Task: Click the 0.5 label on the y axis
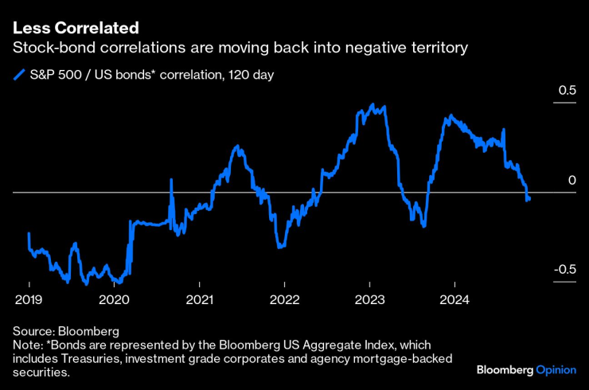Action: click(566, 92)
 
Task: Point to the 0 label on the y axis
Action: click(571, 181)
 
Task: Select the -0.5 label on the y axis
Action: click(564, 270)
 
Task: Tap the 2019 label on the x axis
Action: click(29, 301)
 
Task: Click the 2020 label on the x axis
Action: click(114, 301)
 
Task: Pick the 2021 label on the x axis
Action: click(199, 301)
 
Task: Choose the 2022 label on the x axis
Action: click(284, 301)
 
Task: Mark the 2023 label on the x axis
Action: click(369, 301)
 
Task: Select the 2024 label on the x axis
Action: click(454, 301)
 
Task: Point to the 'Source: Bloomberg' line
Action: click(65, 330)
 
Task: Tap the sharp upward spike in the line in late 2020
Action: click(171, 180)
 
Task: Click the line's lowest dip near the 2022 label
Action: click(279, 248)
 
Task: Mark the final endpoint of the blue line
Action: click(529, 199)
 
